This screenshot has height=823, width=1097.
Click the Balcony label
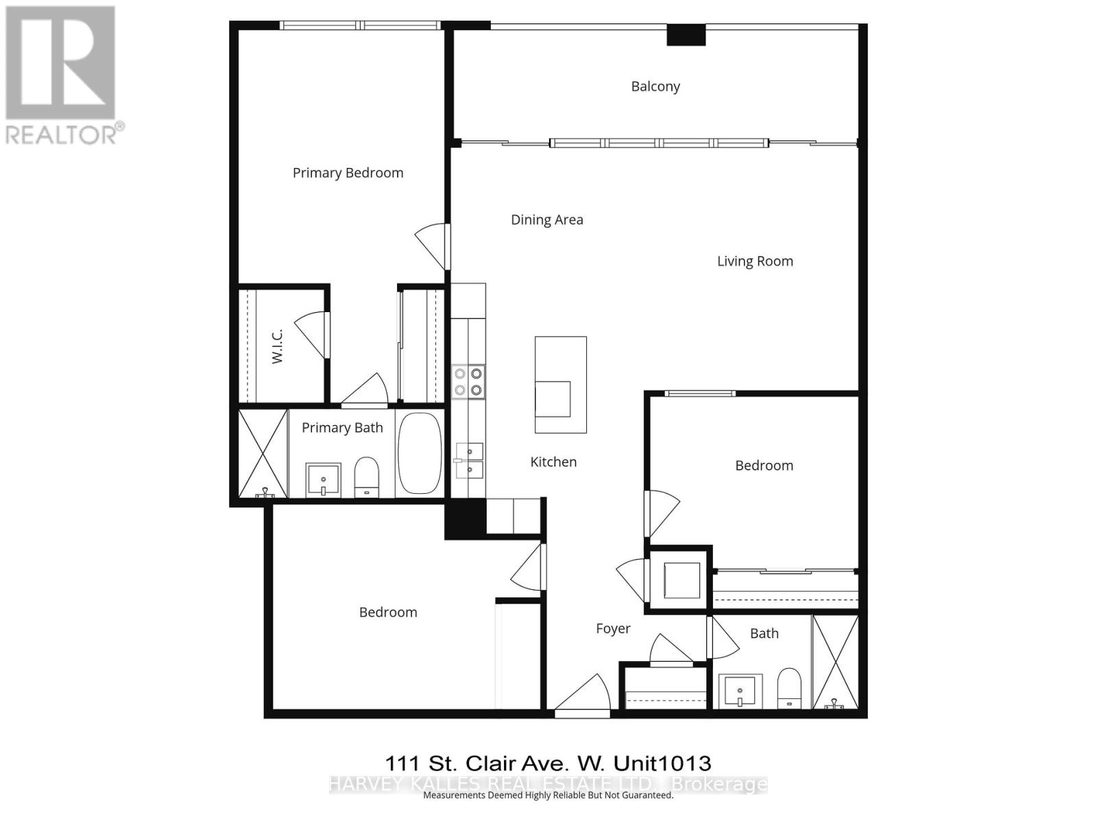coord(655,86)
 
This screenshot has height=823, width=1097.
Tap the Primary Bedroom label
coord(348,173)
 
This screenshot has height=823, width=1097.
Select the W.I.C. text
coord(277,345)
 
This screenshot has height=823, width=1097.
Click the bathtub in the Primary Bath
coord(420,453)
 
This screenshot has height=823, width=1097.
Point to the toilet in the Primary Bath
coord(367,477)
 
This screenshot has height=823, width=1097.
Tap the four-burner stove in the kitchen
coord(468,382)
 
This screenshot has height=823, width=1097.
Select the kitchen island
coord(560,384)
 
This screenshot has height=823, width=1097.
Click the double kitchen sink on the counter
coord(470,460)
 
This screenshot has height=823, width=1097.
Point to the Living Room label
coord(755,261)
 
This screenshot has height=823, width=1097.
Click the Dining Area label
coord(546,220)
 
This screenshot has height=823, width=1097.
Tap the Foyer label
coord(613,629)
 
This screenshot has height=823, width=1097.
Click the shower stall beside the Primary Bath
coord(263,453)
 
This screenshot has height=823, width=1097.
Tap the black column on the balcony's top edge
coord(686,35)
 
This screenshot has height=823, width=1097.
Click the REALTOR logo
coord(62,75)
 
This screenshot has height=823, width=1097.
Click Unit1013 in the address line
coord(662,763)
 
